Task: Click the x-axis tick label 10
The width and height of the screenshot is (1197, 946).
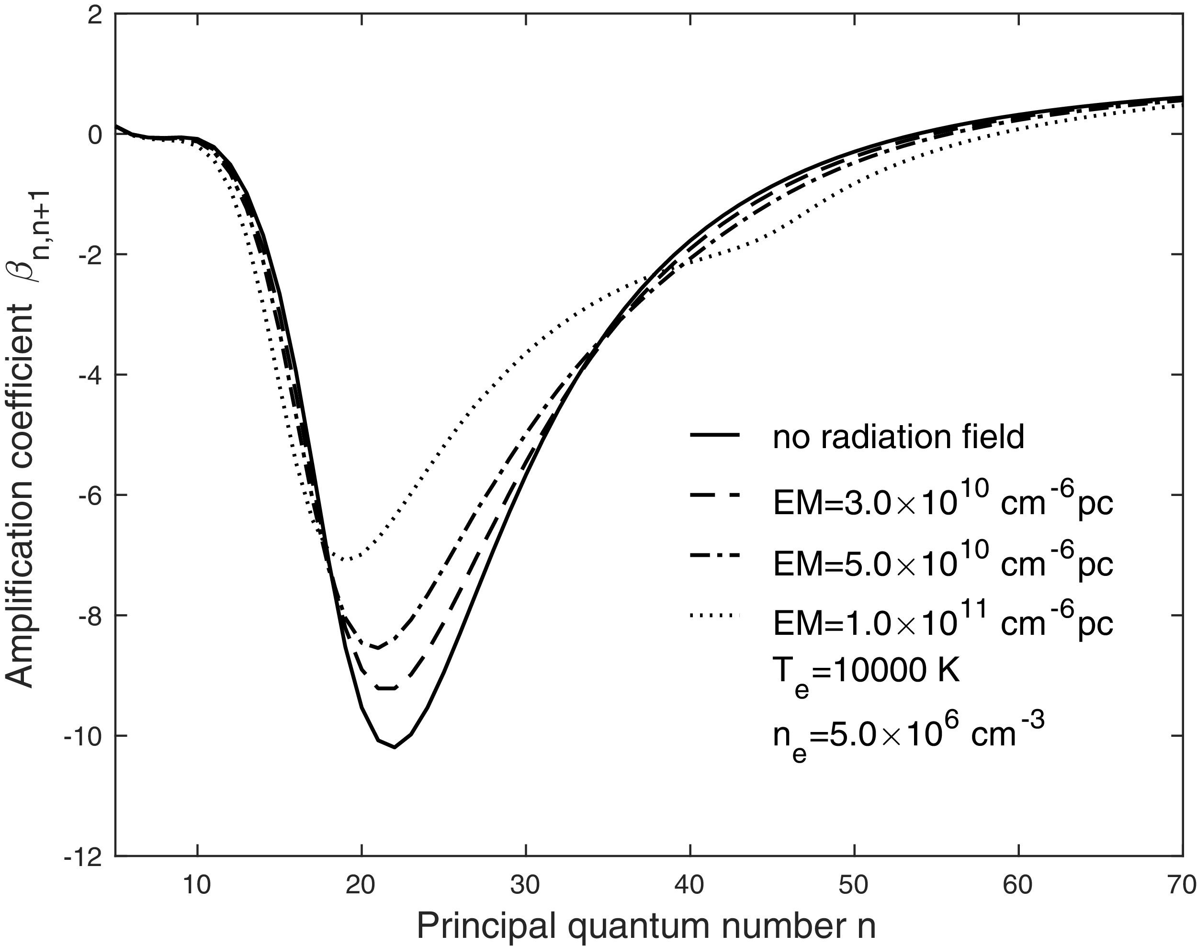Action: tap(197, 886)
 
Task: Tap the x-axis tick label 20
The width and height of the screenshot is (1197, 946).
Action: tap(361, 886)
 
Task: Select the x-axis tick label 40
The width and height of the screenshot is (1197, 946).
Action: tap(689, 886)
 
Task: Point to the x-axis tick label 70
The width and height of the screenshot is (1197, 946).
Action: tap(1183, 886)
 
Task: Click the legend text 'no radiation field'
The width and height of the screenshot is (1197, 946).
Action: tap(898, 437)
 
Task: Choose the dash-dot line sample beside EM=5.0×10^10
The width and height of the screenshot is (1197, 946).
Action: tap(714, 555)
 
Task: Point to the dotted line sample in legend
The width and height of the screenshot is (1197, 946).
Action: tap(714, 615)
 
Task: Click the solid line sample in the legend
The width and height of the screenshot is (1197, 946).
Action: tap(714, 437)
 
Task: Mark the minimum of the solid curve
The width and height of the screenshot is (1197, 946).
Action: tap(395, 747)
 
